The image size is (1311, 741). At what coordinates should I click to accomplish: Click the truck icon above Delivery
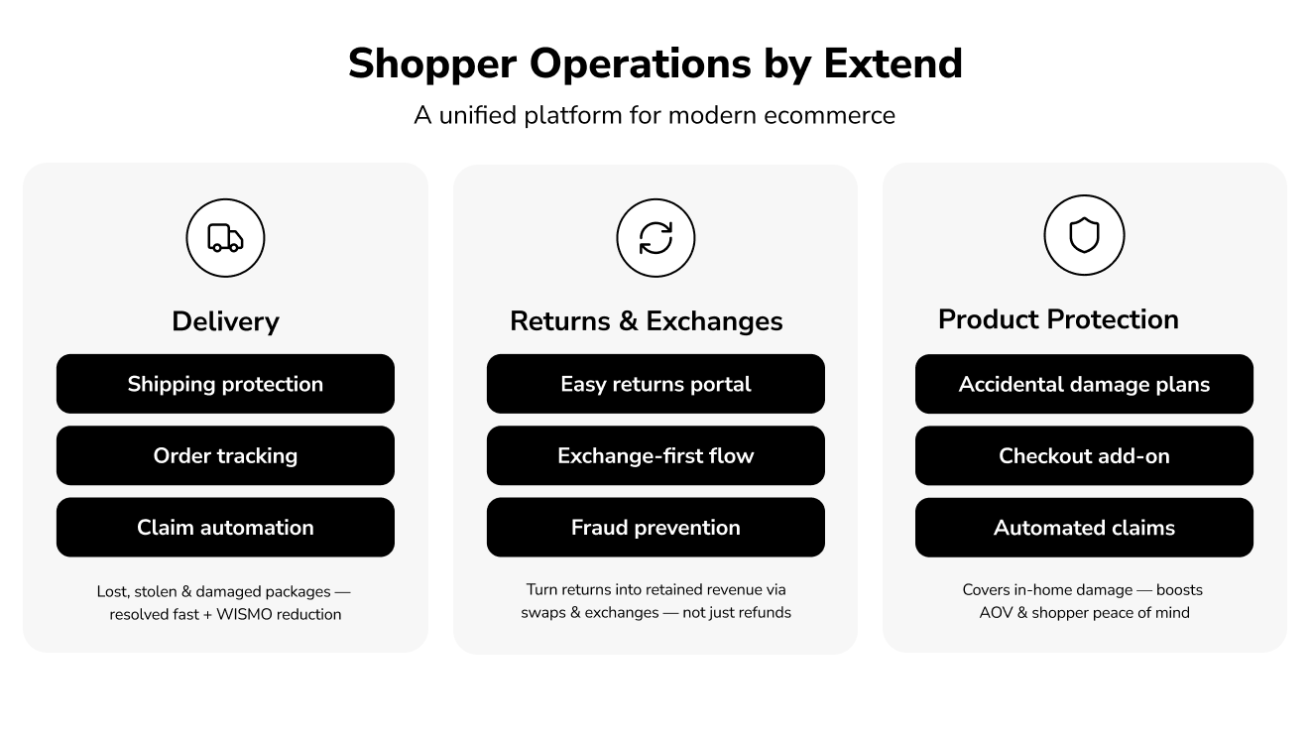pyautogui.click(x=225, y=237)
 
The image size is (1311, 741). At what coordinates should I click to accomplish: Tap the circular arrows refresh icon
pyautogui.click(x=655, y=238)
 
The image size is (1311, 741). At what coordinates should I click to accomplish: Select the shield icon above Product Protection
pyautogui.click(x=1084, y=236)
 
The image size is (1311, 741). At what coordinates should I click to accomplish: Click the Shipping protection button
pyautogui.click(x=225, y=384)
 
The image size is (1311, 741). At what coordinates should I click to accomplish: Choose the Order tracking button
pyautogui.click(x=225, y=455)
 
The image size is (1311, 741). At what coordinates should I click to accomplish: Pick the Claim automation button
pyautogui.click(x=225, y=527)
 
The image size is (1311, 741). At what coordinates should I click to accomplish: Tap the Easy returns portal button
pyautogui.click(x=655, y=384)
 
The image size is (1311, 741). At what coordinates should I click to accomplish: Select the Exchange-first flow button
pyautogui.click(x=655, y=455)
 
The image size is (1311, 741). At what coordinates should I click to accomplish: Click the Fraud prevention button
pyautogui.click(x=655, y=527)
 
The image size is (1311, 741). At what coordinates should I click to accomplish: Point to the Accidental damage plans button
pyautogui.click(x=1084, y=384)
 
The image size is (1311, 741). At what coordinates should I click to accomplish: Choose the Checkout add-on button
pyautogui.click(x=1084, y=455)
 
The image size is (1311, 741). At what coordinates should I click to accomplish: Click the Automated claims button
pyautogui.click(x=1084, y=527)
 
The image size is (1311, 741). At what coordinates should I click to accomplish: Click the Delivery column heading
pyautogui.click(x=225, y=321)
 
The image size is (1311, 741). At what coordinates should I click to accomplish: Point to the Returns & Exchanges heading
pyautogui.click(x=647, y=321)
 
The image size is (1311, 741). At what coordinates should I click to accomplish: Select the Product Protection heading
pyautogui.click(x=1058, y=319)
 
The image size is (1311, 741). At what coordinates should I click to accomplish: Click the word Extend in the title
pyautogui.click(x=893, y=64)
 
